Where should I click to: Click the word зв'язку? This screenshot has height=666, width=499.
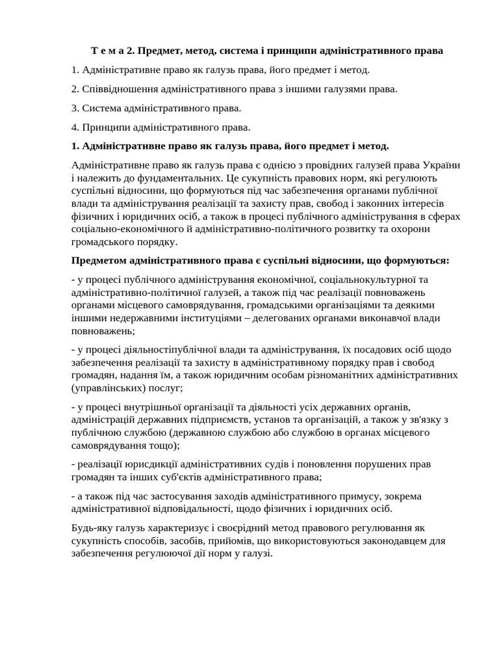click(431, 420)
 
